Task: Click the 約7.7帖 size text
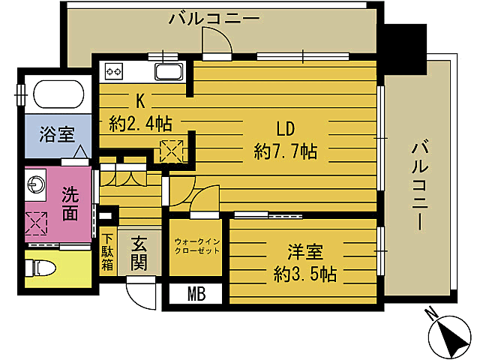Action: tap(285, 152)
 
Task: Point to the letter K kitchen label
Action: tap(139, 98)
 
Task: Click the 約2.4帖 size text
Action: tap(139, 122)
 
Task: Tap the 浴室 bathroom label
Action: tap(57, 136)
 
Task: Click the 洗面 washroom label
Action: tap(69, 203)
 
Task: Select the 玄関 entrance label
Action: tap(139, 253)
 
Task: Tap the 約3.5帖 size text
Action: tap(304, 274)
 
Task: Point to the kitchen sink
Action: tap(168, 73)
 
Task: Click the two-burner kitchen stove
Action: tap(115, 73)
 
